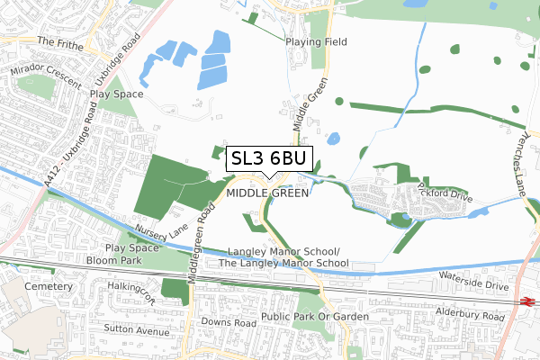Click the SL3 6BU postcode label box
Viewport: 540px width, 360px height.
pyautogui.click(x=269, y=159)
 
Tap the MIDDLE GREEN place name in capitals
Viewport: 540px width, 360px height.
pyautogui.click(x=268, y=193)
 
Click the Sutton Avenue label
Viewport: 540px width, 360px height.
pyautogui.click(x=138, y=332)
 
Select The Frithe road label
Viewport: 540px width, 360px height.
pyautogui.click(x=60, y=41)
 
